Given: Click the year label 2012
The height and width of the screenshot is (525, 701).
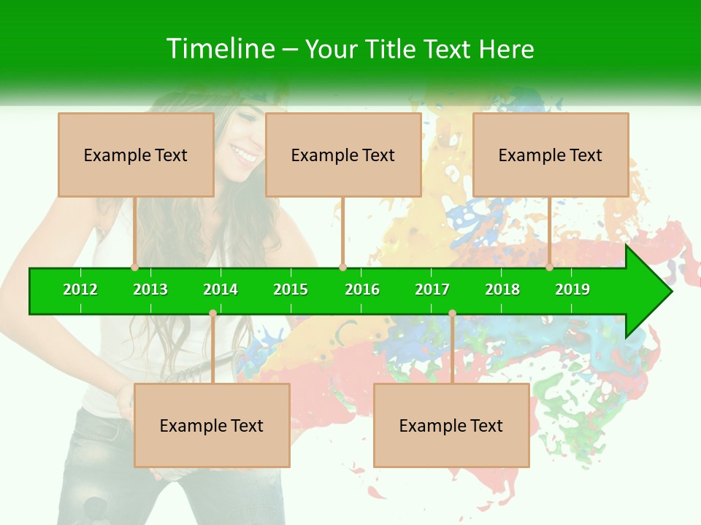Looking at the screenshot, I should pyautogui.click(x=80, y=289).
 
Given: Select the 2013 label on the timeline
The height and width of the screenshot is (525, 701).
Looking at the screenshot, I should pyautogui.click(x=150, y=289).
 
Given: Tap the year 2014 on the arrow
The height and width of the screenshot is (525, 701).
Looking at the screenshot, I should pyautogui.click(x=221, y=289).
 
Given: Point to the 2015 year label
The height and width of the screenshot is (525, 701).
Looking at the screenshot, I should pyautogui.click(x=291, y=289).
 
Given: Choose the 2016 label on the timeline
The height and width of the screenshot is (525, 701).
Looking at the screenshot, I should pyautogui.click(x=362, y=289).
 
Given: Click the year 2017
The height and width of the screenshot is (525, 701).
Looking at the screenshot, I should pyautogui.click(x=432, y=289).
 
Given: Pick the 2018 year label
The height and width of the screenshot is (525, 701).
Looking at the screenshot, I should pyautogui.click(x=502, y=289).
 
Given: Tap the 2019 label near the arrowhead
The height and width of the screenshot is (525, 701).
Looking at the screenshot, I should pyautogui.click(x=572, y=289).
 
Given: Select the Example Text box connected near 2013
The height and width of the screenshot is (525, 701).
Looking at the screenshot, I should pyautogui.click(x=136, y=155).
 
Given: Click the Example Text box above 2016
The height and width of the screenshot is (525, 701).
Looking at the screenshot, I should pyautogui.click(x=343, y=155).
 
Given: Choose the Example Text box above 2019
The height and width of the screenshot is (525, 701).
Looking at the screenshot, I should pyautogui.click(x=551, y=155).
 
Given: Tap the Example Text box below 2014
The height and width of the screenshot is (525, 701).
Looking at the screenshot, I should pyautogui.click(x=212, y=426).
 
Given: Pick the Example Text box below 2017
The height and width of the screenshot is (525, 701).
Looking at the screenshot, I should pyautogui.click(x=451, y=426).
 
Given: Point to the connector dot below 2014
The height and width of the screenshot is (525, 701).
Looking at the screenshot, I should pyautogui.click(x=212, y=314).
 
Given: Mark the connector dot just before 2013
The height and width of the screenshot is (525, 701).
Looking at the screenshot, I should pyautogui.click(x=135, y=267).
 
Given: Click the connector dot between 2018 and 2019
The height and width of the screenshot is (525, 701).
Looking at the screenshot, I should pyautogui.click(x=549, y=267).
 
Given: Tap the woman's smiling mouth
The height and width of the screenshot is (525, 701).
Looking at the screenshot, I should pyautogui.click(x=244, y=155).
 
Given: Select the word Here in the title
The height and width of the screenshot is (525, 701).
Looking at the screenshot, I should pyautogui.click(x=506, y=49).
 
